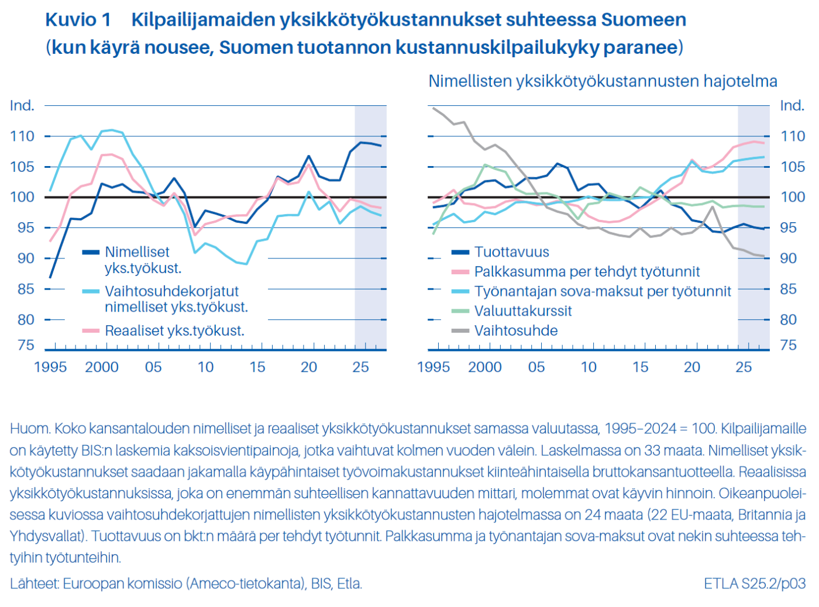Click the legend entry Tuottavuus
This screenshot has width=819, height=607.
pos(511,252)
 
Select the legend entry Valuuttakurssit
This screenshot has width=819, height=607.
pos(522,311)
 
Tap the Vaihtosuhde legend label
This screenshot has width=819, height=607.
pos(515,331)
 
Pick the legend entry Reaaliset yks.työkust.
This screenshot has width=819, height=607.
pos(174,331)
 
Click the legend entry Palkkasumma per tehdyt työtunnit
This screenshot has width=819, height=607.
pos(587,272)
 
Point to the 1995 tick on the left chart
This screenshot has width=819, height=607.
pos(50,367)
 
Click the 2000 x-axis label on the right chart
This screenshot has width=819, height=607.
pos(484,367)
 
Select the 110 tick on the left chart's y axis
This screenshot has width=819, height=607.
pos(22,136)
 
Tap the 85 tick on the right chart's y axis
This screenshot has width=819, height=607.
pos(788,289)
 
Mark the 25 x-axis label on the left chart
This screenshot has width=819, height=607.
pos(360,367)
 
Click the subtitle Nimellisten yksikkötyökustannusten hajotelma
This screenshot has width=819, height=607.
pos(603,81)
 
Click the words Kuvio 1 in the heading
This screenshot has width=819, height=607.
pos(78,20)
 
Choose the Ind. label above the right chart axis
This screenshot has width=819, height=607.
pos(792,106)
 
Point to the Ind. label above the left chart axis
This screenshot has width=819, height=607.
pos(22,106)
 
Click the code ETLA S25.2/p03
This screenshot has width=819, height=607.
pos(755,584)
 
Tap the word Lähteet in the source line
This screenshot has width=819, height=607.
pos(34,584)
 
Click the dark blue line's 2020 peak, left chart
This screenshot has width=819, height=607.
pos(309,156)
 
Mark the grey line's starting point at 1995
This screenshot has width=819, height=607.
pos(433,108)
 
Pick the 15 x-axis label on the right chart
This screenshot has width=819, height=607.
pos(640,367)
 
